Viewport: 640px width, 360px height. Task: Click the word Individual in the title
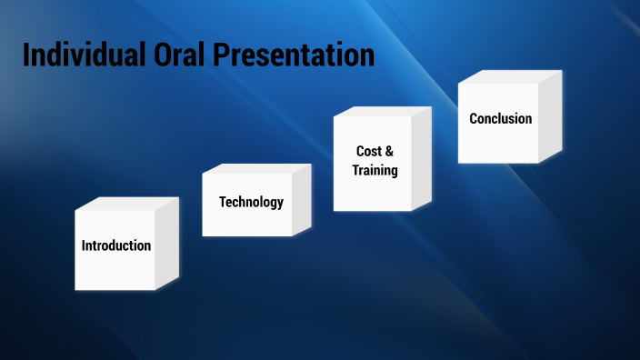point(80,55)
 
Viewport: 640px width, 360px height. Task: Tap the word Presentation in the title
point(294,55)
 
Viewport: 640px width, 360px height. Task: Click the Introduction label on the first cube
point(116,245)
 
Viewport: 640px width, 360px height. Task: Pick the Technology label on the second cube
point(251,202)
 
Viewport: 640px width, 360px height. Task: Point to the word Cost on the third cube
point(367,151)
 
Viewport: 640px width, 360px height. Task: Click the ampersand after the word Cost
point(390,151)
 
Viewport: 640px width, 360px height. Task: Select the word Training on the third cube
point(375,170)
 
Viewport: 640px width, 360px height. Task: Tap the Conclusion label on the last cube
point(500,118)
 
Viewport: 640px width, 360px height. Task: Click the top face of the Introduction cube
point(125,204)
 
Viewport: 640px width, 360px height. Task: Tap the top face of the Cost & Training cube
point(382,112)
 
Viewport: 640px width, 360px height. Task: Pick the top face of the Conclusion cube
point(509,77)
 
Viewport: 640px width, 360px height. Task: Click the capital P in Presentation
point(223,55)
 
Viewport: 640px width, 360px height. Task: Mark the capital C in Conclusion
point(474,118)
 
